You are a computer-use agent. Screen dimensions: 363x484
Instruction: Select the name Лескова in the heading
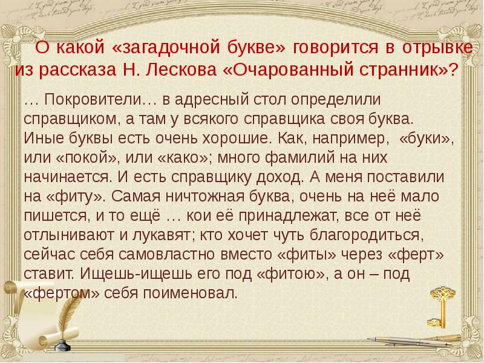click(x=188, y=69)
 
